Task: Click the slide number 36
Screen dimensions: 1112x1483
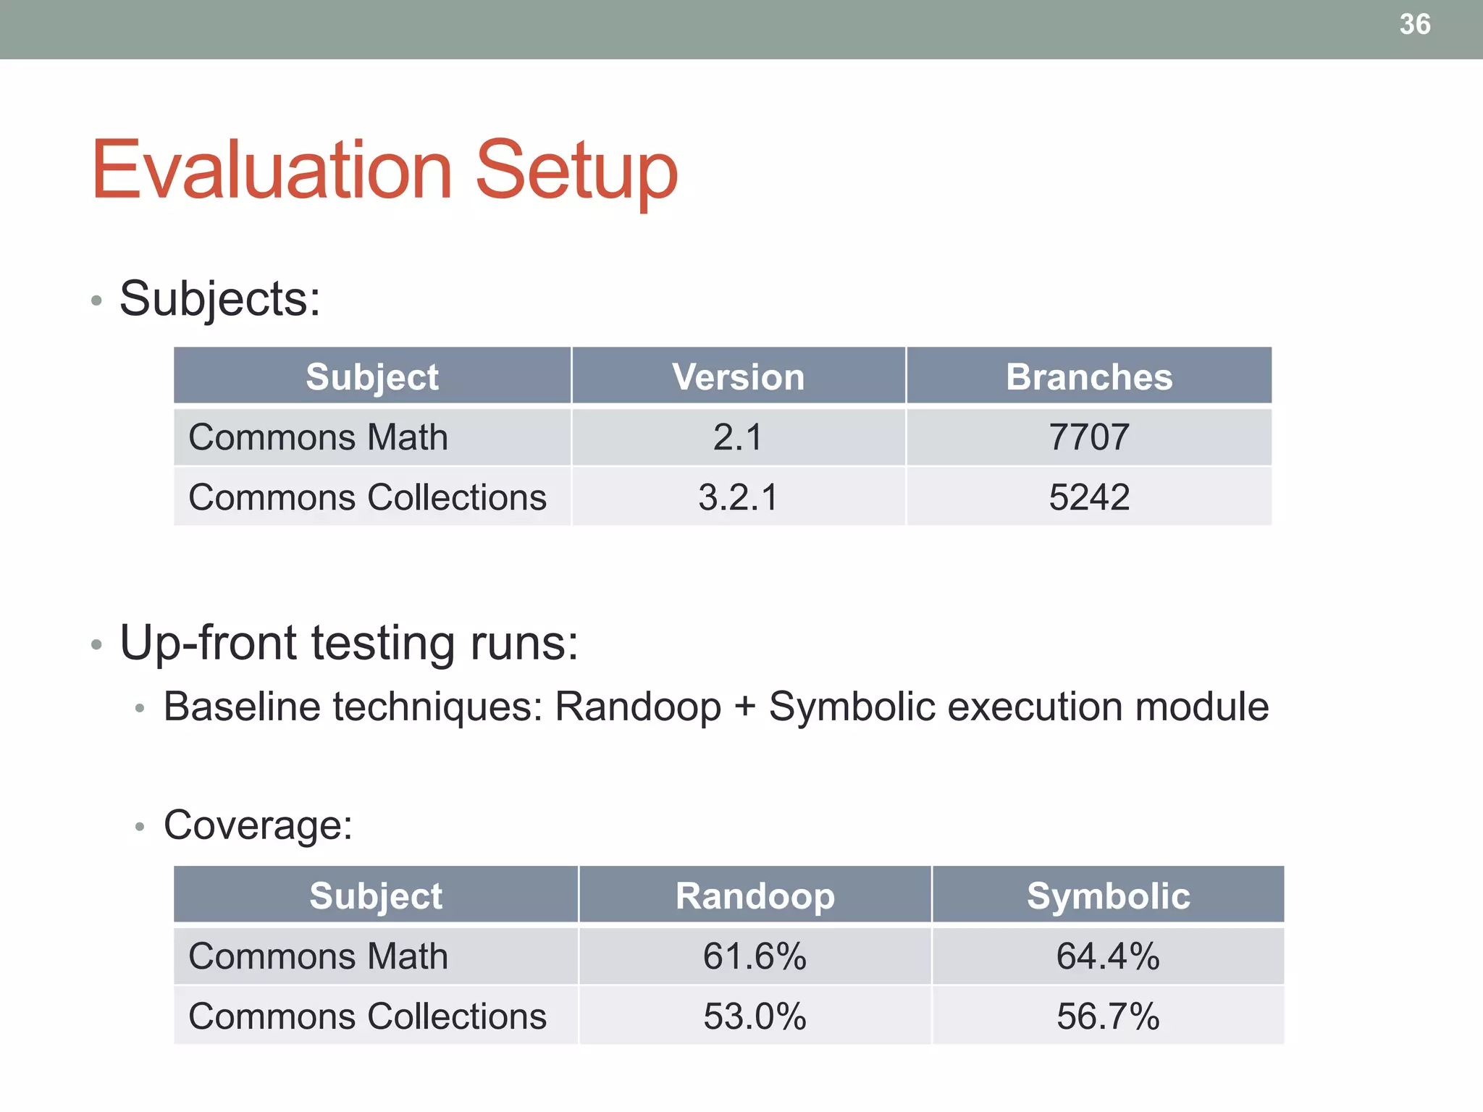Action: pyautogui.click(x=1414, y=25)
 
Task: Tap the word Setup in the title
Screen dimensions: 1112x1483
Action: pyautogui.click(x=576, y=171)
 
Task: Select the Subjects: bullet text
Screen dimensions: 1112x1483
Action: pyautogui.click(x=219, y=298)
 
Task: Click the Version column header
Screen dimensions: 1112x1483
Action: pyautogui.click(x=738, y=376)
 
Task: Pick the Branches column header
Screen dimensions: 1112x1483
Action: pyautogui.click(x=1088, y=376)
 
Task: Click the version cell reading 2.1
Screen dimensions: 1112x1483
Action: pyautogui.click(x=738, y=437)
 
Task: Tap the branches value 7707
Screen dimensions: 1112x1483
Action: pyautogui.click(x=1088, y=437)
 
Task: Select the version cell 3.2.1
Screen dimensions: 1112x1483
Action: pyautogui.click(x=738, y=497)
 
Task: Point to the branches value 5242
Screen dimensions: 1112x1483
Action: pyautogui.click(x=1088, y=497)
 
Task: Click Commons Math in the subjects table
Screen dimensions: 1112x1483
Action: pyautogui.click(x=318, y=437)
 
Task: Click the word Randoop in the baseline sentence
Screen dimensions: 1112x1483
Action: pyautogui.click(x=638, y=707)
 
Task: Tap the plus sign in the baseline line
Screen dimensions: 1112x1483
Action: pyautogui.click(x=745, y=707)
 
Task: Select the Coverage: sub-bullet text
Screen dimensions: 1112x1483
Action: pyautogui.click(x=258, y=825)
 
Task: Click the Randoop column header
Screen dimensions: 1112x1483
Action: pyautogui.click(x=755, y=896)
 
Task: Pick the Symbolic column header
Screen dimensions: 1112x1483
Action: pyautogui.click(x=1108, y=896)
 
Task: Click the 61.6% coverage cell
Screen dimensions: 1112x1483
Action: pyautogui.click(x=755, y=956)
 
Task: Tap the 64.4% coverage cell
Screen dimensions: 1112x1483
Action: pyautogui.click(x=1108, y=956)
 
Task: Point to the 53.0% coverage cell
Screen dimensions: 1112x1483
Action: pyautogui.click(x=755, y=1016)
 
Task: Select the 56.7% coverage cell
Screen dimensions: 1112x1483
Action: pyautogui.click(x=1108, y=1016)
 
